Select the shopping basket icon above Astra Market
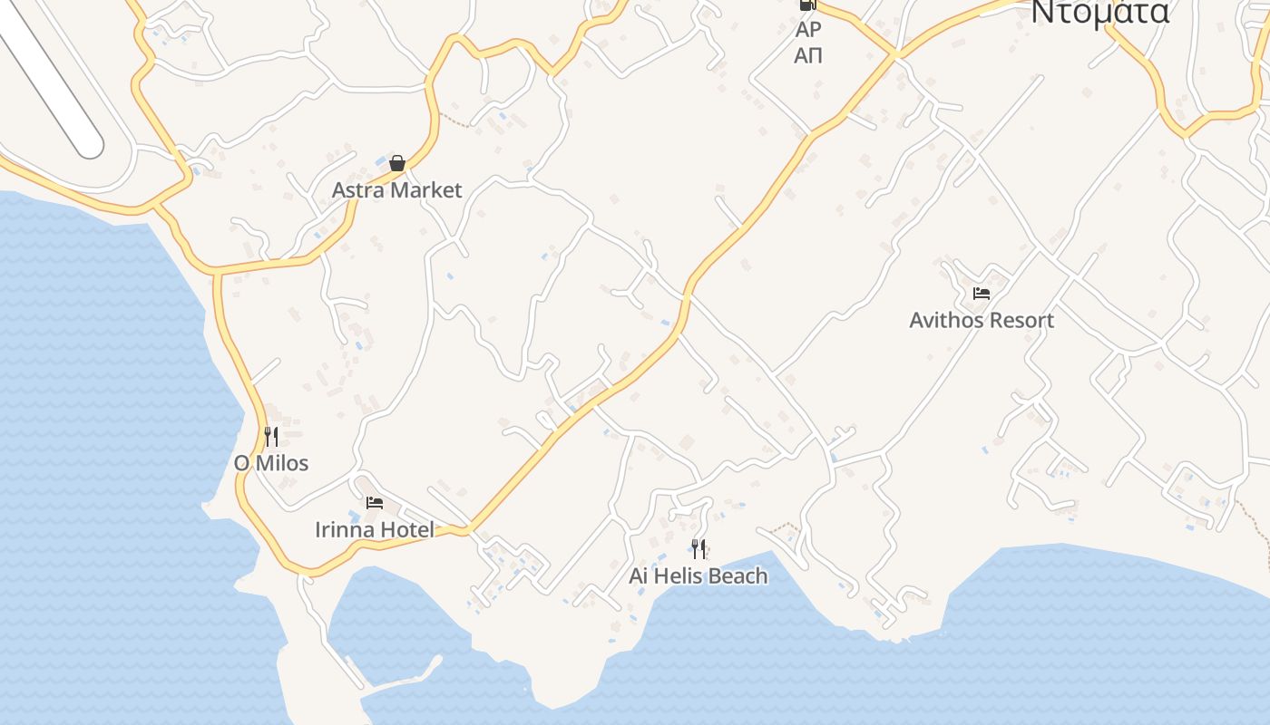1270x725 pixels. click(396, 163)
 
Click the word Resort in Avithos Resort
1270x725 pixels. click(1023, 320)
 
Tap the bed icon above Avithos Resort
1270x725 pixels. click(981, 294)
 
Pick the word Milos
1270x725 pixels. click(281, 463)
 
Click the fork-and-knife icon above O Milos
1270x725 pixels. click(270, 437)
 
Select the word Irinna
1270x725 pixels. click(345, 529)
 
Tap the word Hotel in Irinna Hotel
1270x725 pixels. click(407, 529)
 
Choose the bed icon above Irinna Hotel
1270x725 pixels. click(374, 503)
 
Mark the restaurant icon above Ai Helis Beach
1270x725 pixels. click(698, 548)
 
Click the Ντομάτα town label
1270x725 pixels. click(1099, 13)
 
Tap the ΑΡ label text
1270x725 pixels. click(807, 30)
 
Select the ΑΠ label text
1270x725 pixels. click(807, 55)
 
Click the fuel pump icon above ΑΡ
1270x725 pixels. click(806, 5)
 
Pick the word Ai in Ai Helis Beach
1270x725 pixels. click(640, 575)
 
